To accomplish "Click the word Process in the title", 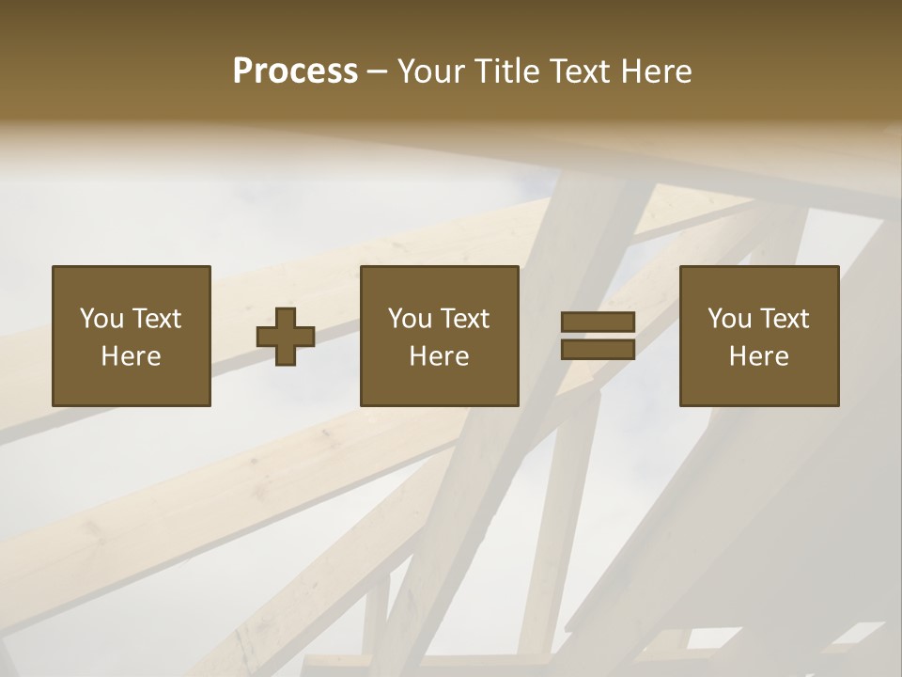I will pos(295,71).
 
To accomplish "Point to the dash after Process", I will pos(377,71).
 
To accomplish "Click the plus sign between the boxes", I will pos(286,337).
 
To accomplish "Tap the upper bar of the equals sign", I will pos(598,323).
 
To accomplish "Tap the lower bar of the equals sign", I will pos(598,350).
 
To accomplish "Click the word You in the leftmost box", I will pos(101,319).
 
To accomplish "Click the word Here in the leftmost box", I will pos(131,356).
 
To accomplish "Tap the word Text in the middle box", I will pos(464,319).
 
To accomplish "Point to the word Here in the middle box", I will pos(439,356).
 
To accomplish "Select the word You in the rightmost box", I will pos(729,319).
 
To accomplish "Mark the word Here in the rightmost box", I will pos(758,356).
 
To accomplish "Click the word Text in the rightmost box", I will pos(784,319).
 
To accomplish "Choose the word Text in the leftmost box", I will pos(156,319).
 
